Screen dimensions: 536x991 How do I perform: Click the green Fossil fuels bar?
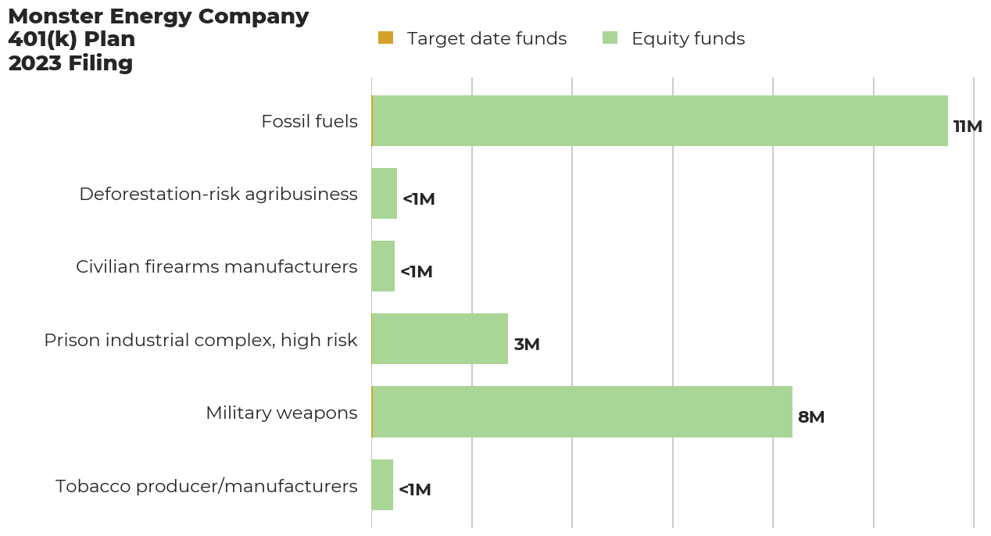pos(660,121)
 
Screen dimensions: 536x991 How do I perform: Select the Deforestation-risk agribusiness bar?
pos(384,194)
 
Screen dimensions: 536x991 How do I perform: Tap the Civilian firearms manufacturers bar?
pos(383,266)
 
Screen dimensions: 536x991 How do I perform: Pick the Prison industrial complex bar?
pos(439,339)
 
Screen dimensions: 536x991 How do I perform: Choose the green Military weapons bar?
pos(582,412)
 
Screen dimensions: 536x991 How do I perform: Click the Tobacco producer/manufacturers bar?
pos(382,484)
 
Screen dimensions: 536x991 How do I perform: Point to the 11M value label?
pos(968,127)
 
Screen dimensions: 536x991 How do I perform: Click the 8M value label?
pos(811,417)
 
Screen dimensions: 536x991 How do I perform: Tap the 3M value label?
pos(527,345)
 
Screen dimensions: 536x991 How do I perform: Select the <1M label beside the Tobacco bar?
pos(415,490)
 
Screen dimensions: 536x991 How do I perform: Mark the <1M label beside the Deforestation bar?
pos(419,199)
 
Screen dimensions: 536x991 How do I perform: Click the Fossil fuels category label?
pos(309,122)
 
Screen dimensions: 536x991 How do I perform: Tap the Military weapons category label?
pos(281,413)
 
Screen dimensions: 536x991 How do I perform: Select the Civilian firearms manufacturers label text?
pos(216,267)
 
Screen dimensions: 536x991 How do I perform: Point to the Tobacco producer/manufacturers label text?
pos(206,486)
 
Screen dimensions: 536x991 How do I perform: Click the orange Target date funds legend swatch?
pos(386,38)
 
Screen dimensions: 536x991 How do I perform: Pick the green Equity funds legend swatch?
pos(610,38)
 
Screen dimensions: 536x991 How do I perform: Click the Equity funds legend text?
pos(688,39)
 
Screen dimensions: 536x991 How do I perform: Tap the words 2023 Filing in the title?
pos(70,63)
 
